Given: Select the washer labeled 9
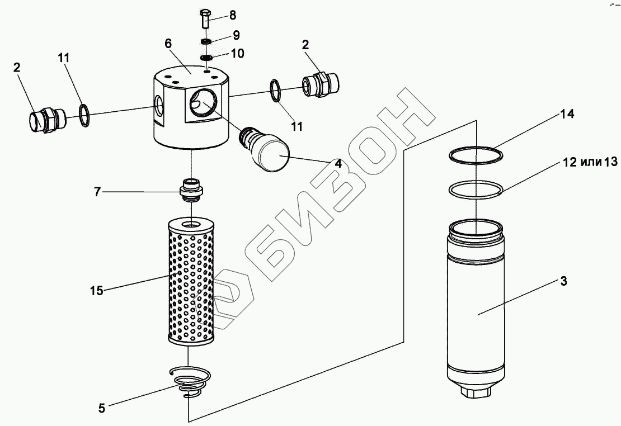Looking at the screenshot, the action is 206,42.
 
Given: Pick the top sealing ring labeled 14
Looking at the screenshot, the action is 476,154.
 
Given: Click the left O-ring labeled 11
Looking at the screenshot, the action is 84,115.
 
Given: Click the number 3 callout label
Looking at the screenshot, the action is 564,282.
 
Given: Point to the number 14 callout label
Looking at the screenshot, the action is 566,114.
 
